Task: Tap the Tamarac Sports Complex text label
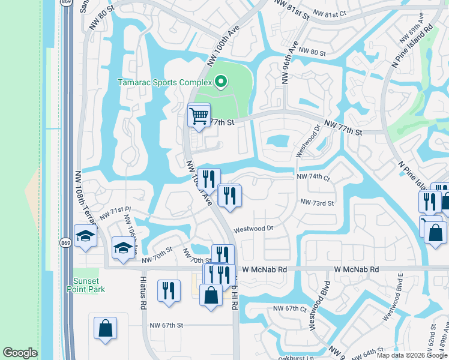coord(164,82)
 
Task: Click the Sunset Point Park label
coord(89,285)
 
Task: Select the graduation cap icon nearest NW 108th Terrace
coord(85,235)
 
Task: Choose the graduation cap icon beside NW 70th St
coord(123,248)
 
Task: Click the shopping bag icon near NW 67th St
coord(105,328)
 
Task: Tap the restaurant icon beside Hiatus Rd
coord(169,290)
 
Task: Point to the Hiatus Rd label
coord(143,298)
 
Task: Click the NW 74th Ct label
coord(313,178)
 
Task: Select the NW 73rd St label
coord(317,203)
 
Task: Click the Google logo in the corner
coord(20,353)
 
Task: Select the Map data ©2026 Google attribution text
coord(412,355)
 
